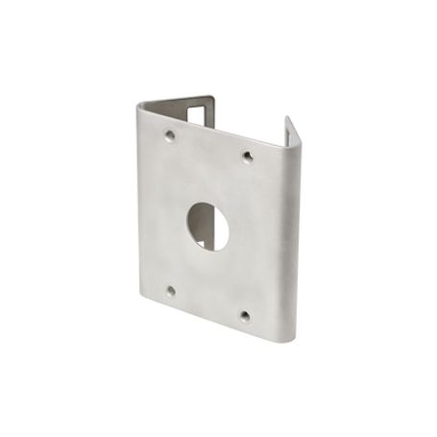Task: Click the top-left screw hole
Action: click(170, 135)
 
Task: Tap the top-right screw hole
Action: click(247, 156)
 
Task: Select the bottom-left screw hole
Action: click(170, 290)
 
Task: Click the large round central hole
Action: click(207, 224)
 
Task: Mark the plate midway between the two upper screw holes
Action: click(208, 146)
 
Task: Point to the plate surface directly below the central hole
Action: click(207, 274)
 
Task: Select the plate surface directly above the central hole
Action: click(208, 178)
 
